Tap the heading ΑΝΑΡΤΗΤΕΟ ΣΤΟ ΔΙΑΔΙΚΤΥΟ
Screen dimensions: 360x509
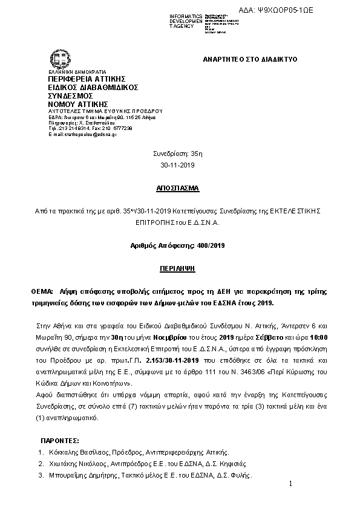248,61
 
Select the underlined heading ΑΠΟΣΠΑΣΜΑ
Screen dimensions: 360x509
180,188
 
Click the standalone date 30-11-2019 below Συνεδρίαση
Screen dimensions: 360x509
180,164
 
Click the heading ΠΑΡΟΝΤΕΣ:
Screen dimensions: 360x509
59,441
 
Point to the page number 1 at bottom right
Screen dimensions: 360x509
291,484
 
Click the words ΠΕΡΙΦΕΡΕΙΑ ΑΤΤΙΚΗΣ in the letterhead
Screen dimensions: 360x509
87,79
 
